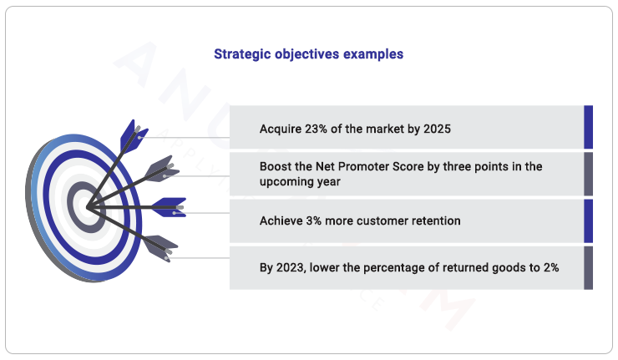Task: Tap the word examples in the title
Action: click(x=373, y=54)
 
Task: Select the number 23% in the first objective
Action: click(x=321, y=129)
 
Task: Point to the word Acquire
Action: click(x=281, y=129)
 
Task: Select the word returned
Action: click(x=476, y=267)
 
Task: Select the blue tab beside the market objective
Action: click(x=589, y=127)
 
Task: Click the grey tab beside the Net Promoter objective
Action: click(x=589, y=174)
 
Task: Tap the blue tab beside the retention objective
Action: click(x=589, y=221)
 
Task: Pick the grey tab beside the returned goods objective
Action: click(x=589, y=267)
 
